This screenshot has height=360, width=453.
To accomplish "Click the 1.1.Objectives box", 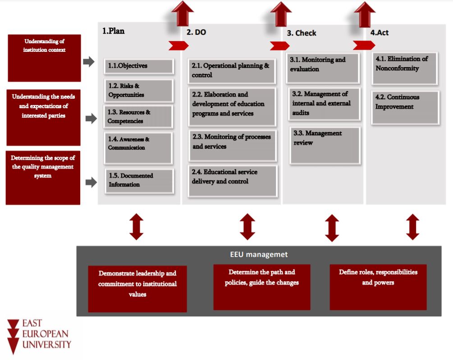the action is point(139,66).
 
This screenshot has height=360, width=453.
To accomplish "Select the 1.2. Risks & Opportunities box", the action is point(139,91).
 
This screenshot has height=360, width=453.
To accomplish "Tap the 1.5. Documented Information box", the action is point(139,181).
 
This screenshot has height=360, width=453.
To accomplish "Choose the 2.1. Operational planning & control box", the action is point(232,71).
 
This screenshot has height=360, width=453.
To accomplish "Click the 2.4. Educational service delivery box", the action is point(233,181).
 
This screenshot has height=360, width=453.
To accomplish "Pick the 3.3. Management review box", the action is point(325,146).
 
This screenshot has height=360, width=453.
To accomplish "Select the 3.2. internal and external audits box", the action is point(325,104).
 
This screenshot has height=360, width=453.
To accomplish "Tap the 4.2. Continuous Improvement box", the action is point(405,107).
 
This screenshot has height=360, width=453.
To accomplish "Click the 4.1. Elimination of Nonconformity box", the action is point(405,68).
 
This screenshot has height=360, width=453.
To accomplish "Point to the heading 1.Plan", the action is point(113,31).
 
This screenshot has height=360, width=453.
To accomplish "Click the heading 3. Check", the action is point(302,33).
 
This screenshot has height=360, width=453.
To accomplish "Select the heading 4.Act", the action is point(380,32).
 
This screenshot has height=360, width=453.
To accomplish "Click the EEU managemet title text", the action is point(259,254).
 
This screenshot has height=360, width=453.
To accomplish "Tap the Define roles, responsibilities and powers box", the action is point(378,287).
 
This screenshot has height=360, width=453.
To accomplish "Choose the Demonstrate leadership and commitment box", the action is point(137,289).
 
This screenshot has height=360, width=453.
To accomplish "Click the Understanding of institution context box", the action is point(44,58).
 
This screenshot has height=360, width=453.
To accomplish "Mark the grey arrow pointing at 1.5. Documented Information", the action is point(92,182).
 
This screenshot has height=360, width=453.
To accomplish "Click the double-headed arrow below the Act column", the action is point(412,227).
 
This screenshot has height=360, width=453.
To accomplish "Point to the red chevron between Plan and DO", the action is point(178,46).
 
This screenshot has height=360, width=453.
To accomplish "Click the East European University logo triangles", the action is point(13,336).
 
